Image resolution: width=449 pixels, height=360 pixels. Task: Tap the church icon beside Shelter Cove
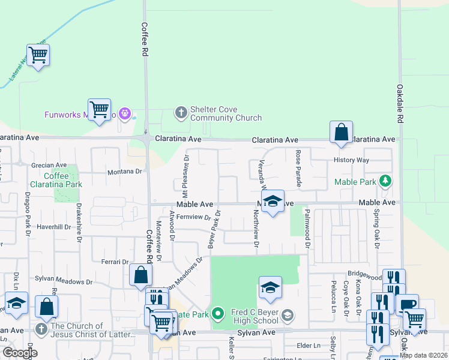(180, 112)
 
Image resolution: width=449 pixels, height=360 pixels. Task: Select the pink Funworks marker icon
(125, 112)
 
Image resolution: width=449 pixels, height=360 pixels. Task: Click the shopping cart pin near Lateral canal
(38, 55)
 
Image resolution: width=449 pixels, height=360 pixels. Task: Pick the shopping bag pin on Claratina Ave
(341, 132)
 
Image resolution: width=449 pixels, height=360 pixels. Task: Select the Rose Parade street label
(298, 168)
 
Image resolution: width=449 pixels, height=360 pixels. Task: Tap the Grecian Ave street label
(49, 165)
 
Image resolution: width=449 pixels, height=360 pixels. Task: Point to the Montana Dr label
(124, 172)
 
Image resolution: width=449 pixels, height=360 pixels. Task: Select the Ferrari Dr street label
(116, 262)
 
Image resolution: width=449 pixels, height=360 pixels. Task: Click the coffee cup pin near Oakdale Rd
(407, 305)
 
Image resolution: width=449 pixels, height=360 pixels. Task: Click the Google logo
(19, 353)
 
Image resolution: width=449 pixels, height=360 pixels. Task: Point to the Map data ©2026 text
(423, 355)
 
